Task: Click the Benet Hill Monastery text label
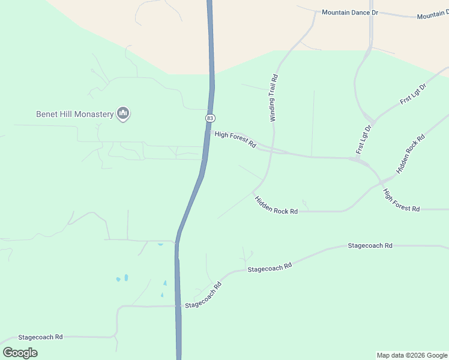click(75, 114)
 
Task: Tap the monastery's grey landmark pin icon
click(124, 113)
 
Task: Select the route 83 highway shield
click(209, 118)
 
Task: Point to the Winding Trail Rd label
click(274, 98)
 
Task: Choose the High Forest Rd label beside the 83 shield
click(235, 140)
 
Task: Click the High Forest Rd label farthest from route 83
click(401, 200)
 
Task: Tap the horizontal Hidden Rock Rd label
click(276, 205)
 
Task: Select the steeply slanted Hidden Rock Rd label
click(411, 154)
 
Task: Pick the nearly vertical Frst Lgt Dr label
click(365, 140)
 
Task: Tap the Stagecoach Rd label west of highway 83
click(41, 337)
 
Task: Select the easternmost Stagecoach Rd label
click(370, 246)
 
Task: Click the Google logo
click(20, 352)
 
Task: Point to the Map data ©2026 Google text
click(412, 355)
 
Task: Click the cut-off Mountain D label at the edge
click(433, 15)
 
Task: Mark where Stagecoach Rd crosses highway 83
click(178, 305)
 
